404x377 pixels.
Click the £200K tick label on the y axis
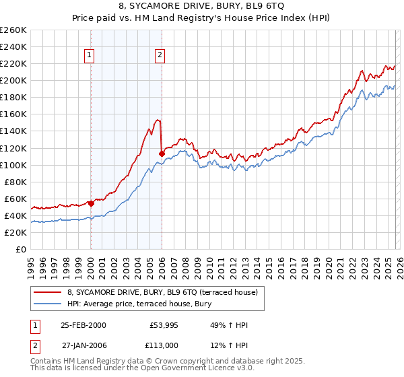pyautogui.click(x=13, y=80)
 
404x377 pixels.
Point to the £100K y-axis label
pyautogui.click(x=13, y=165)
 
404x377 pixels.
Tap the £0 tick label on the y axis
pyautogui.click(x=21, y=249)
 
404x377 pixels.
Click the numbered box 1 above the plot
pyautogui.click(x=90, y=57)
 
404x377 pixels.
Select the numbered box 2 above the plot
pyautogui.click(x=160, y=57)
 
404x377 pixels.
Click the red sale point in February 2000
pyautogui.click(x=91, y=203)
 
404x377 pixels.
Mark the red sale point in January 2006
pyautogui.click(x=162, y=153)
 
